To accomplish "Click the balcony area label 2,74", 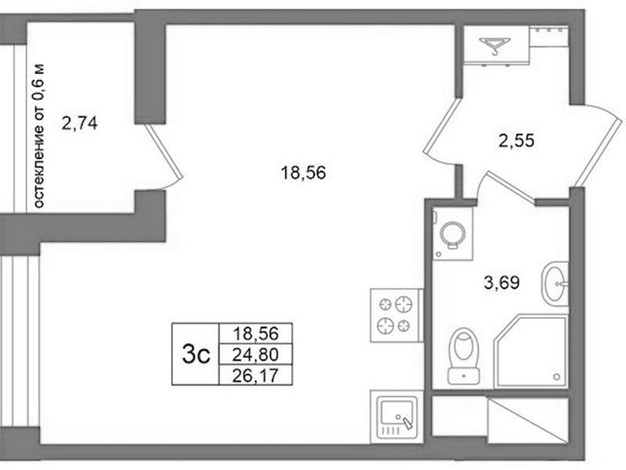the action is [80, 123].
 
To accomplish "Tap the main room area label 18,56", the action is [303, 173].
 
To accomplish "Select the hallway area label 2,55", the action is [516, 141].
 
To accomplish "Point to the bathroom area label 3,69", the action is [502, 283].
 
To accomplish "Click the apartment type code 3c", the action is [196, 354].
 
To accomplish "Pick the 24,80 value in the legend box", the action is [256, 354].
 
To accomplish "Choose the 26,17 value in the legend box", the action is [256, 376].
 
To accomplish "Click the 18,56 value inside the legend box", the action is [256, 333].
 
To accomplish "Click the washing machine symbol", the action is [452, 234].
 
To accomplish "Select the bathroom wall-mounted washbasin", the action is [555, 284].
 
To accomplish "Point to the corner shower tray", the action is [531, 351].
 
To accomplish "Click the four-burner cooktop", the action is [397, 315].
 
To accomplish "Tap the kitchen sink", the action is [396, 417].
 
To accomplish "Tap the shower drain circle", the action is [556, 376].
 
